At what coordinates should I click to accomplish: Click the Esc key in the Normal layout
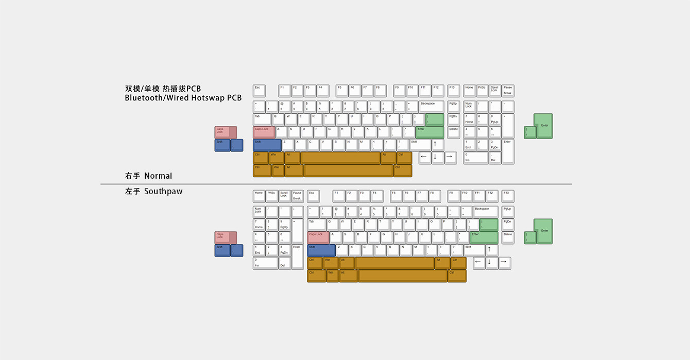tap(259, 91)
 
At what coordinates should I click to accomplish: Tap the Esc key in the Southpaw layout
tap(313, 196)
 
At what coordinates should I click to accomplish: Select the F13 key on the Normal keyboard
tap(453, 91)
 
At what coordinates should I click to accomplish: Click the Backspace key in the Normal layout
tap(431, 107)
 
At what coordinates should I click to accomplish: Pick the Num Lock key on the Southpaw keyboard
tap(259, 211)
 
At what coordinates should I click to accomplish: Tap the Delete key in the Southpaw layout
tap(508, 237)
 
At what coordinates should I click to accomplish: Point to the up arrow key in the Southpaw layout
tap(492, 250)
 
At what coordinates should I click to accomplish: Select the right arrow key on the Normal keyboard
tap(450, 158)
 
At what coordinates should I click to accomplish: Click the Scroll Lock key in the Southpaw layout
tap(284, 196)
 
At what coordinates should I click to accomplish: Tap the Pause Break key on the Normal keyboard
tap(508, 91)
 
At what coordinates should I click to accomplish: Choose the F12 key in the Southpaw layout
tap(492, 196)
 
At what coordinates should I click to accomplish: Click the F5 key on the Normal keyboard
tap(342, 91)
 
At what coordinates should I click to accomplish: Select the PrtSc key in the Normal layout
tap(482, 91)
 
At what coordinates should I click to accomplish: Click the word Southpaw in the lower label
tap(163, 192)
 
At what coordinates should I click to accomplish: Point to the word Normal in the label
tap(158, 176)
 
